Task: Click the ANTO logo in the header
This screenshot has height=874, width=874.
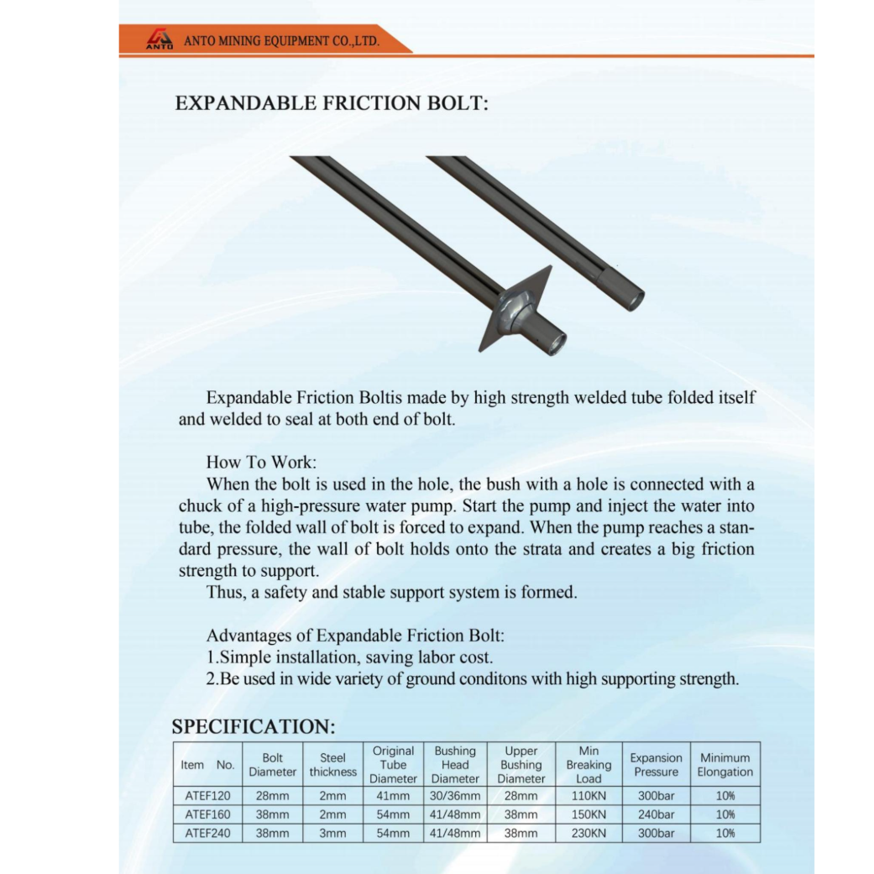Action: coord(160,39)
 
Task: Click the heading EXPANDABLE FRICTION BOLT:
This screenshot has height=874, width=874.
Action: coord(332,103)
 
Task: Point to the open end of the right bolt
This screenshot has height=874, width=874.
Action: coord(632,296)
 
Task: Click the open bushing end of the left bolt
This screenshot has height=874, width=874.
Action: coord(555,343)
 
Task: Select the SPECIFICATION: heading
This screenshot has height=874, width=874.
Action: coord(254,726)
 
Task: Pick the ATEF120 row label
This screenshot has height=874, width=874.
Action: coord(207,795)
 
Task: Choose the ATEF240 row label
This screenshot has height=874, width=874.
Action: coord(207,834)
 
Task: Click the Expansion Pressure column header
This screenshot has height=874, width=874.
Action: coord(656,764)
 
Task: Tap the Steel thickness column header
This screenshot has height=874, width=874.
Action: coord(332,764)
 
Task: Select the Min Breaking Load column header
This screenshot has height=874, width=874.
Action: coord(589,764)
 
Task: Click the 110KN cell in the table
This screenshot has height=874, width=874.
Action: coord(589,795)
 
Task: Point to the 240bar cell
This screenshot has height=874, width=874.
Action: coord(656,814)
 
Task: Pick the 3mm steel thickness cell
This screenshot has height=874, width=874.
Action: coord(332,834)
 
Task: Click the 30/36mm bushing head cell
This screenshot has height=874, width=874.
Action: coord(455,795)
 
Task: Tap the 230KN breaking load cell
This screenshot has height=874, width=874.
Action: coord(589,834)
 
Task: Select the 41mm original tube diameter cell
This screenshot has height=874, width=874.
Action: coord(393,795)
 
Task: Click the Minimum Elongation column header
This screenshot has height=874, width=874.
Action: coord(725,764)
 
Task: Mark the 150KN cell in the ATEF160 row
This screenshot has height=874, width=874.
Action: coord(589,814)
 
